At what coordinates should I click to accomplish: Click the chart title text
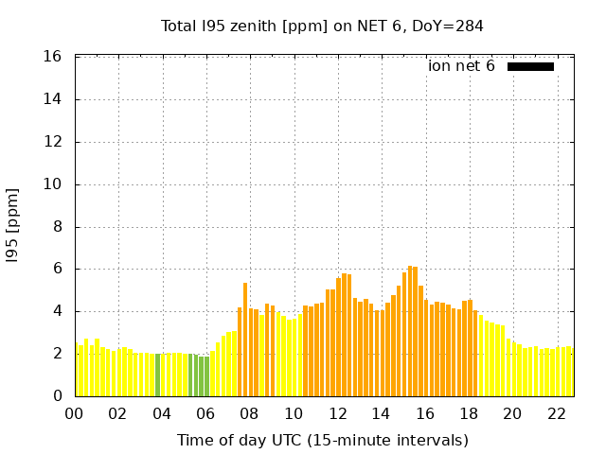[x=322, y=26]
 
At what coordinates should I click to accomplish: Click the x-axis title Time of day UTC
[x=322, y=440]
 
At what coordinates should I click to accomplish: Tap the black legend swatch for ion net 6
[x=530, y=66]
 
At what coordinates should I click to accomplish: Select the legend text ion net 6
[x=461, y=66]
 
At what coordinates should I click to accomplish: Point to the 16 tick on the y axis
[x=53, y=57]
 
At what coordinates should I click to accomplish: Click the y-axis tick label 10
[x=53, y=184]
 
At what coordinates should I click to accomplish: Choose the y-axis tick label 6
[x=57, y=269]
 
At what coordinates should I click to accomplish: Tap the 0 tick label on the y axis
[x=57, y=396]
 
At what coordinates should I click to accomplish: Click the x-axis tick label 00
[x=75, y=413]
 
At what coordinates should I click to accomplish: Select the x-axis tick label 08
[x=250, y=413]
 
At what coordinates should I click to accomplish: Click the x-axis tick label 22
[x=557, y=413]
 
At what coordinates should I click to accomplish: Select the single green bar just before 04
[x=157, y=375]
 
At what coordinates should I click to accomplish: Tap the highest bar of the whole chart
[x=410, y=331]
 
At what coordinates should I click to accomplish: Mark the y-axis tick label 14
[x=53, y=99]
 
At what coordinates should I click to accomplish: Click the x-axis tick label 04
[x=162, y=413]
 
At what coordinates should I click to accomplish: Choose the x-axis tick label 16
[x=425, y=413]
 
